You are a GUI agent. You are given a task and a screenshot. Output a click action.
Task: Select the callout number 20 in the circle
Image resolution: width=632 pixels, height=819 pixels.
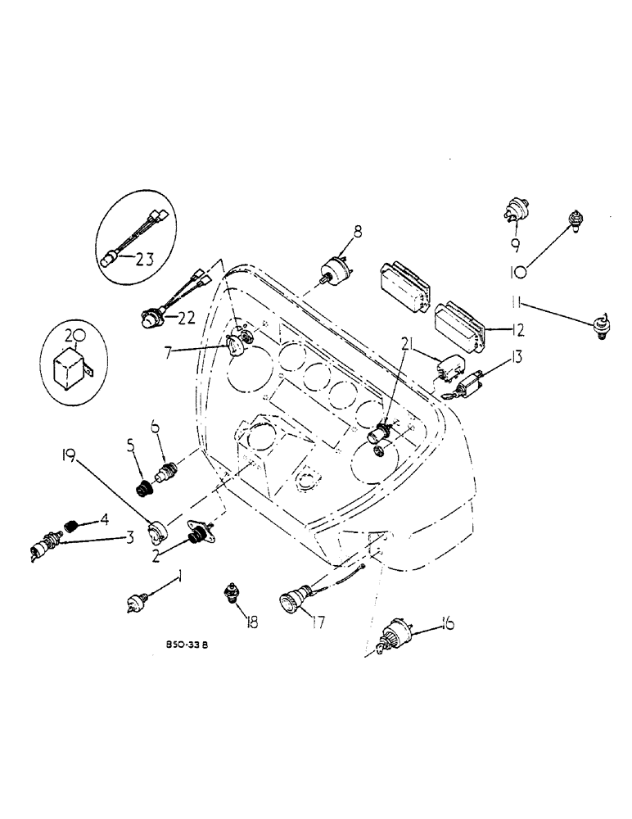click(x=74, y=336)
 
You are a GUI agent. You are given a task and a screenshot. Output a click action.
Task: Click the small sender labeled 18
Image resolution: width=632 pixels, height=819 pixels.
click(x=233, y=591)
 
